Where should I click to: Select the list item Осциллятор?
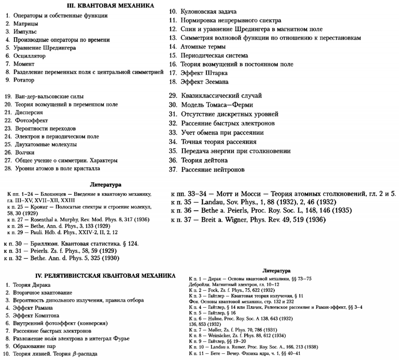(29, 56)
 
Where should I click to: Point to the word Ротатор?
(24, 80)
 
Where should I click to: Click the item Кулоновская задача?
(208, 12)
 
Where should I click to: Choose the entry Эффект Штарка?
(204, 73)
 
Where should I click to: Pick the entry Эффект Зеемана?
(204, 82)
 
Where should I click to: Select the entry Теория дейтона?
(204, 160)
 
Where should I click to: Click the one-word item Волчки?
(25, 152)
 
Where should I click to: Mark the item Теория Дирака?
(32, 285)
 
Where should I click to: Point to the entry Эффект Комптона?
(36, 316)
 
